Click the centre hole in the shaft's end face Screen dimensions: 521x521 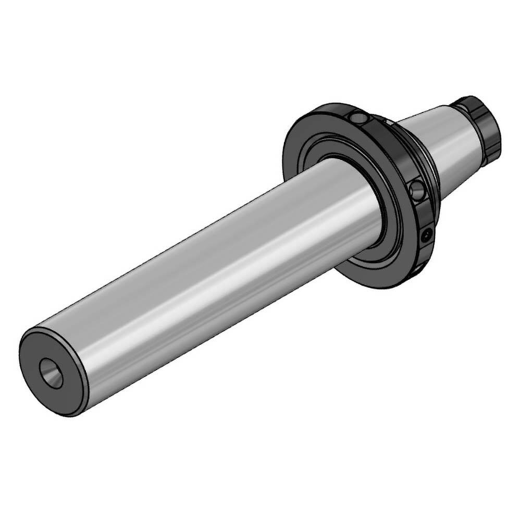(x=51, y=373)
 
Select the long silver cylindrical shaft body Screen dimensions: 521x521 (x=219, y=271)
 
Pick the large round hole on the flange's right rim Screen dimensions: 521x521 (x=418, y=191)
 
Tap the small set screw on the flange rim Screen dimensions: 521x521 (x=428, y=235)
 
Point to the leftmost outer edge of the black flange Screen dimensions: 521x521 (x=285, y=156)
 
